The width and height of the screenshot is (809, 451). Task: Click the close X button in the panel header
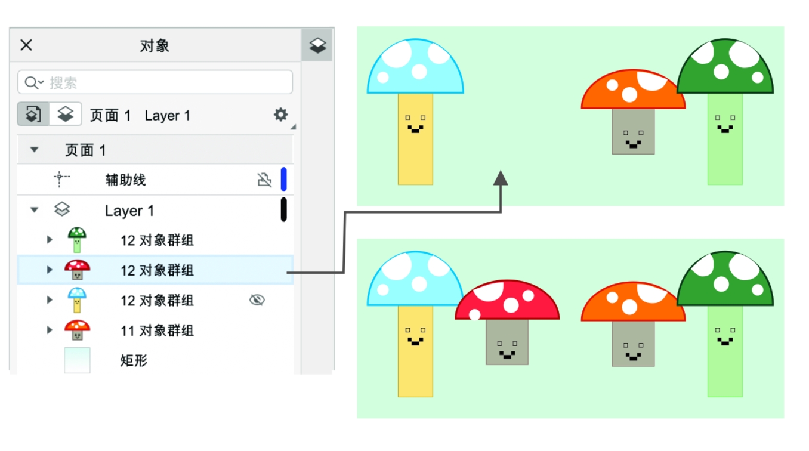coord(26,45)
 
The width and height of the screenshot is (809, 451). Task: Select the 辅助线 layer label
coord(125,180)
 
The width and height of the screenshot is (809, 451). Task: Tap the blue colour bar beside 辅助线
coord(283,179)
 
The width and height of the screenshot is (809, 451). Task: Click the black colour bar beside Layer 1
coord(283,209)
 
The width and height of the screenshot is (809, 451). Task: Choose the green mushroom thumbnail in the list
coord(76,240)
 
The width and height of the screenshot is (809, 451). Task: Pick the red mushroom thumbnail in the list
coord(77,270)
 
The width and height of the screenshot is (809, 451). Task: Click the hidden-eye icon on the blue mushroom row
coord(257,300)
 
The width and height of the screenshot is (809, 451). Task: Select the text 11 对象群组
coord(157,330)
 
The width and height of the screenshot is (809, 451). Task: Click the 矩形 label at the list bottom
coord(134,360)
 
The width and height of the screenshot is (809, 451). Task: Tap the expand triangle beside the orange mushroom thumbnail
coord(50,330)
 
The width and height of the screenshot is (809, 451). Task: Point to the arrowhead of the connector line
coord(501,178)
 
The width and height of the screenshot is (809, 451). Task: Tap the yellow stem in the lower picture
coord(415,364)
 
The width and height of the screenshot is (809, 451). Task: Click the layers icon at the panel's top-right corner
coord(317,45)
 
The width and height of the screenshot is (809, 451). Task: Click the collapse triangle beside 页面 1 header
coord(35,150)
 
